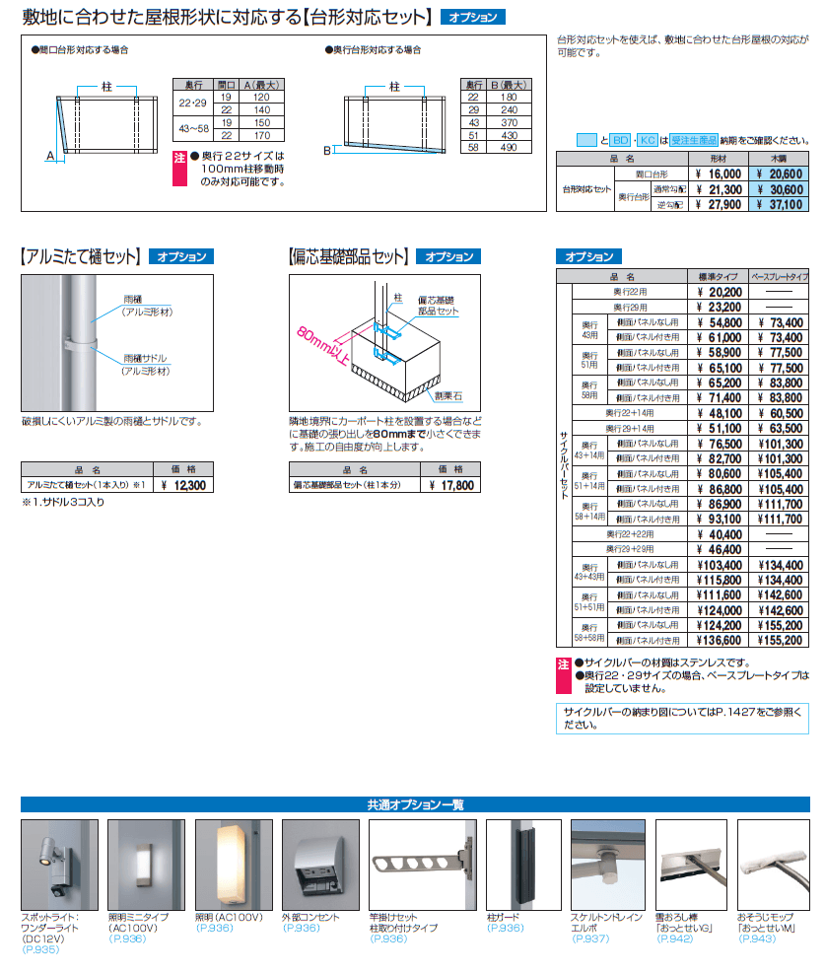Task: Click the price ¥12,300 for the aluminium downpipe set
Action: [183, 485]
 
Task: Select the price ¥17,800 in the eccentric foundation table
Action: [451, 485]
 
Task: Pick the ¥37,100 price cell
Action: [779, 204]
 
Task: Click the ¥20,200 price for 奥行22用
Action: [719, 292]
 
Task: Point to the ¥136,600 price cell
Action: [719, 640]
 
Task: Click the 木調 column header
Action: [779, 158]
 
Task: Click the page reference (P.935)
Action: [40, 949]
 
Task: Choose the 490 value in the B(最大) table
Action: [510, 147]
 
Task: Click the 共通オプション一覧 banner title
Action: [412, 804]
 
